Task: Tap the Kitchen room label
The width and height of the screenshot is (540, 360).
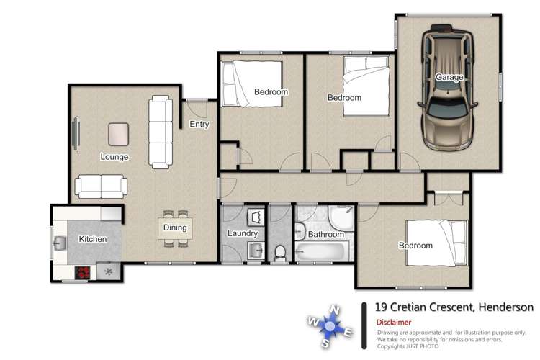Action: [x=93, y=239]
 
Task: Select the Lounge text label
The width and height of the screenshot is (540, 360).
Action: [x=114, y=156]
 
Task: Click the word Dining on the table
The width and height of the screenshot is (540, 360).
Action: [x=175, y=228]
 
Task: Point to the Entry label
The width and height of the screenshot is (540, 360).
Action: [x=199, y=125]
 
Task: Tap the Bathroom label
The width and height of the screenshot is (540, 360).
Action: [x=326, y=234]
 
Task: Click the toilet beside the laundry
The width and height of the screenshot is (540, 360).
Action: [x=281, y=252]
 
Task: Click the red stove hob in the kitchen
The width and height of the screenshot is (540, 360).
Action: [x=84, y=272]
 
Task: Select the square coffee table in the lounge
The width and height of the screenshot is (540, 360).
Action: [x=119, y=133]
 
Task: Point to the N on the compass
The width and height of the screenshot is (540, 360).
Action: [x=334, y=311]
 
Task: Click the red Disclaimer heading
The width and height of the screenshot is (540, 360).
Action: [x=394, y=323]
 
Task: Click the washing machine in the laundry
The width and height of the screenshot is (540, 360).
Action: [x=256, y=216]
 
